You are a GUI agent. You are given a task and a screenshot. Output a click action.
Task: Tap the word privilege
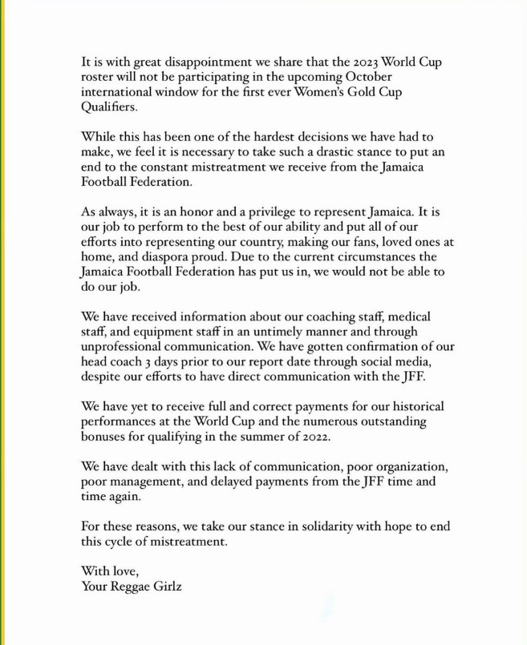point(277,212)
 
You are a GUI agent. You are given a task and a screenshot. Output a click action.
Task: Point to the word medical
point(419,316)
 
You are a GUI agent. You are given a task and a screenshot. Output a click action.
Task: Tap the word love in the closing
point(124,571)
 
